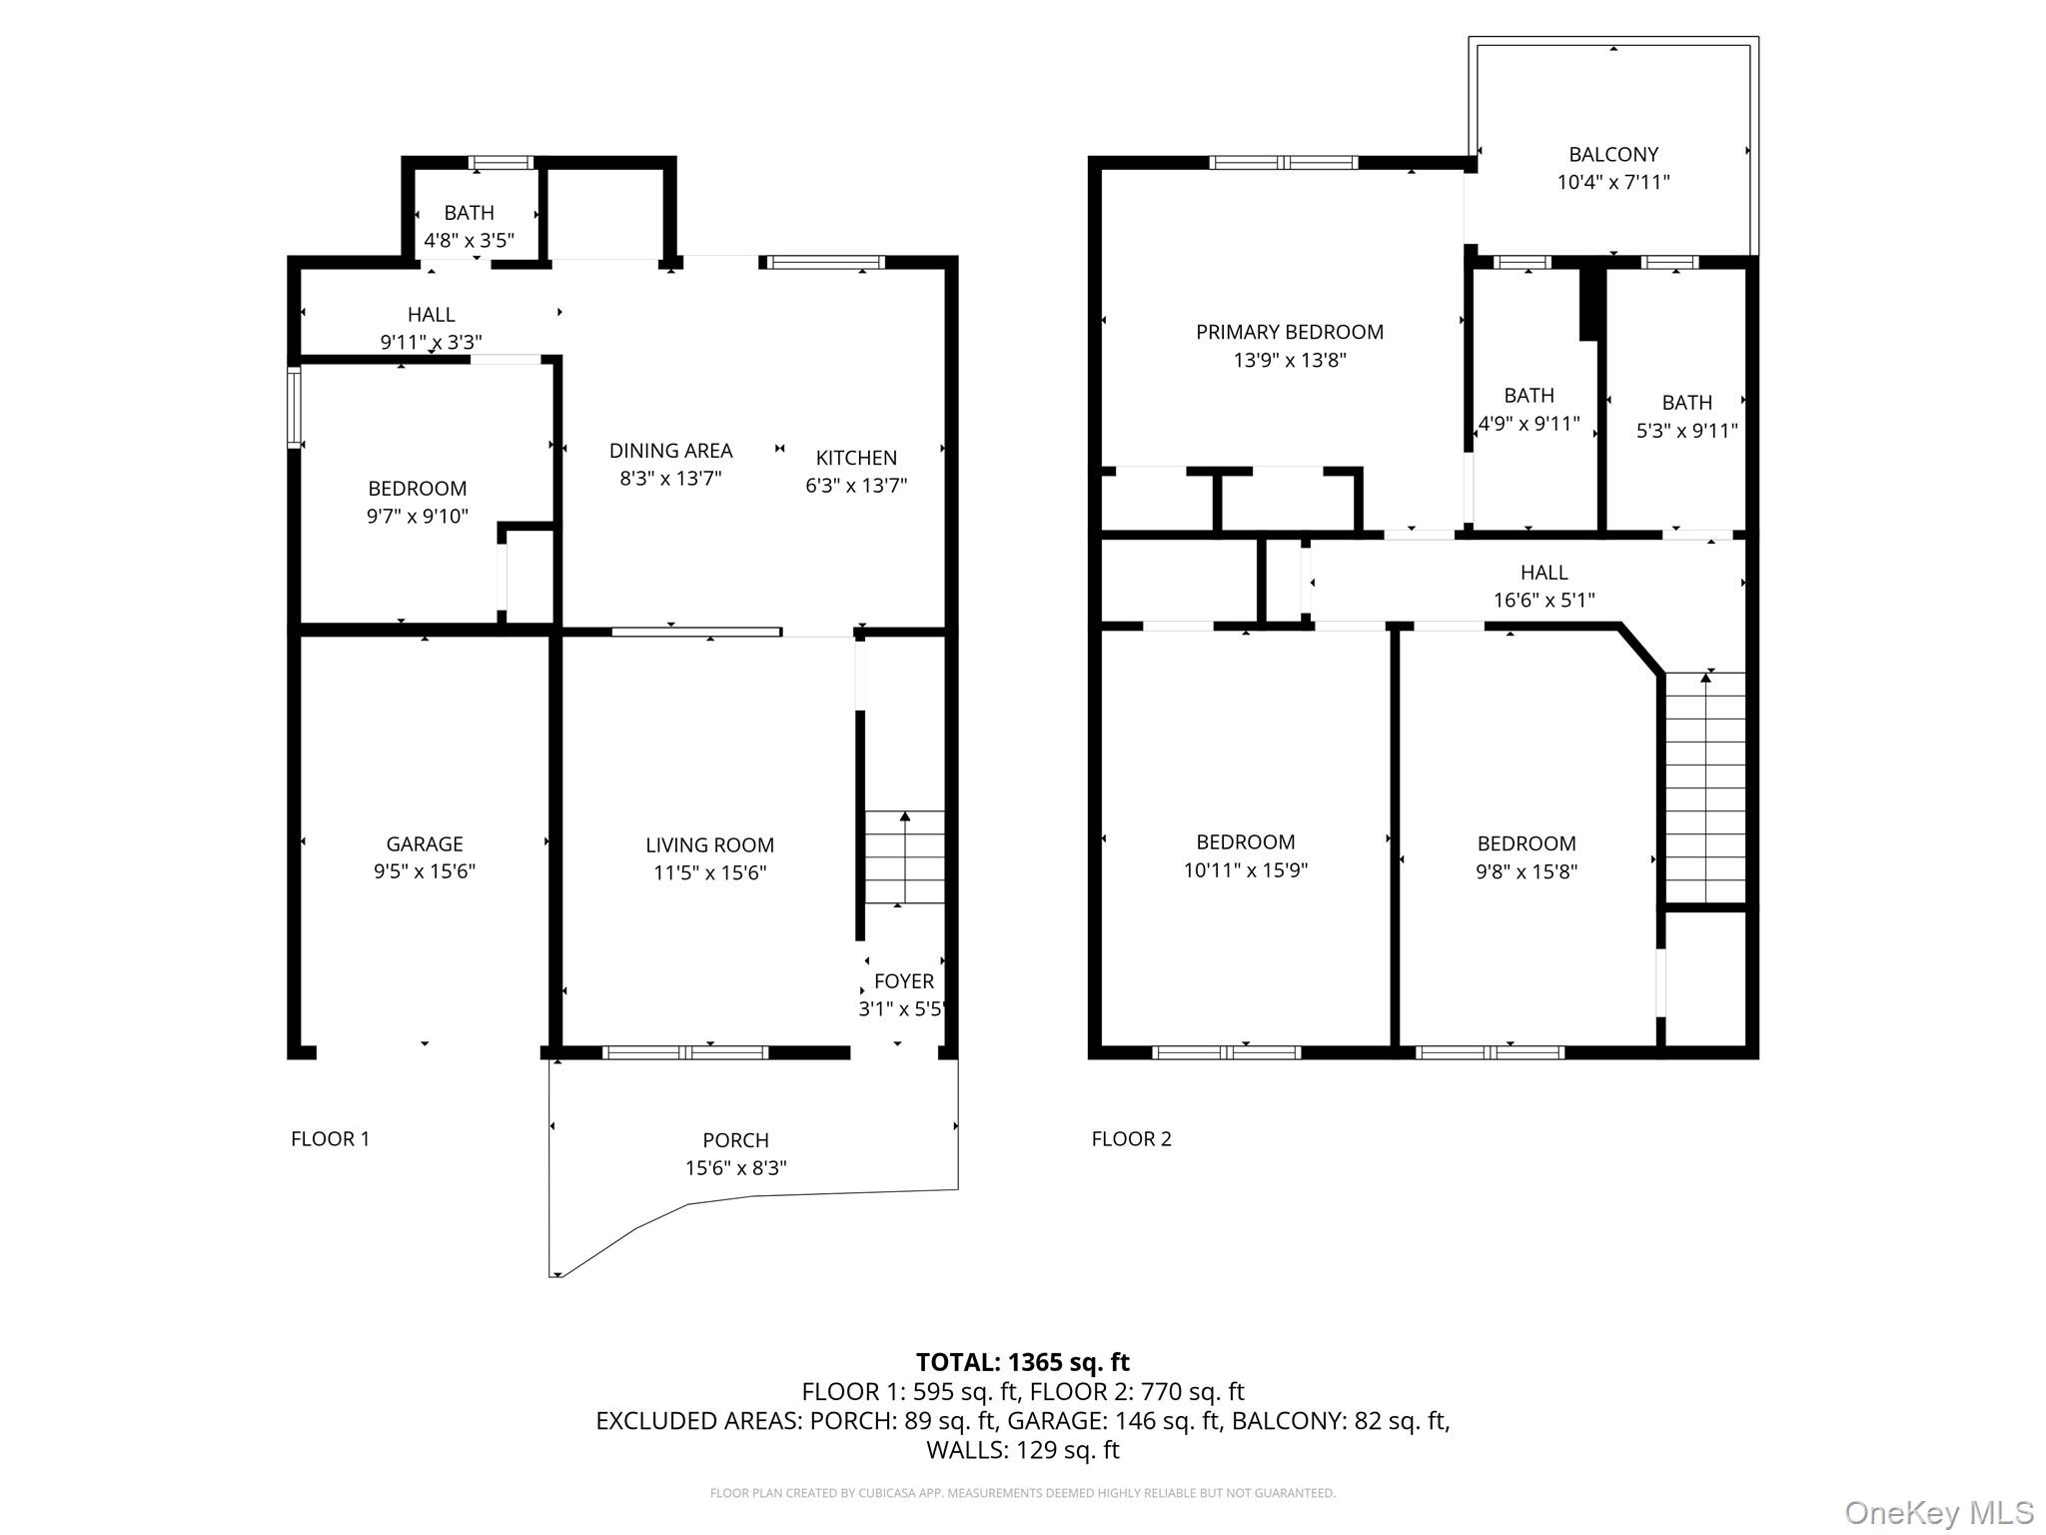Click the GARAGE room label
point(425,844)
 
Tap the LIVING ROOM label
point(709,845)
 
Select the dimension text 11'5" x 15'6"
point(709,872)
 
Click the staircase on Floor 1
point(904,857)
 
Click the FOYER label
point(903,981)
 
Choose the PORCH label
point(735,1140)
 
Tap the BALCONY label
point(1612,155)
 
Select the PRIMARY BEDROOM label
point(1289,332)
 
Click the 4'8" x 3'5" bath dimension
point(469,240)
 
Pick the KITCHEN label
point(856,458)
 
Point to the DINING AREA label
point(670,451)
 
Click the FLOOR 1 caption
point(330,1138)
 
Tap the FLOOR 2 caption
point(1131,1138)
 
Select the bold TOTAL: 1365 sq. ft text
point(1022,1362)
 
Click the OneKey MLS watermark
point(1938,1512)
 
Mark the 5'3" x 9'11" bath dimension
point(1686,431)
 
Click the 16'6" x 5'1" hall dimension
point(1543,600)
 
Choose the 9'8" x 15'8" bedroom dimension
point(1526,871)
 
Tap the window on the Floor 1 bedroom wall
point(294,407)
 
